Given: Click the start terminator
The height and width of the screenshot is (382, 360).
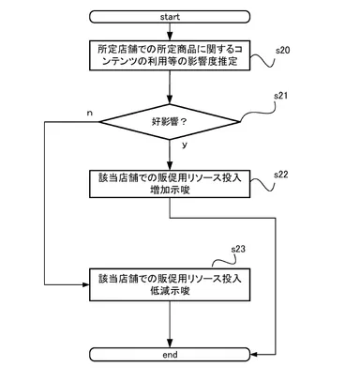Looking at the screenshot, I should (x=170, y=16).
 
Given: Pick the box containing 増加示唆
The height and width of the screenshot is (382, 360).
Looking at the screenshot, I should (x=170, y=183).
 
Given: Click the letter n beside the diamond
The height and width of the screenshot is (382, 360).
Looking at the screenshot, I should (x=89, y=112).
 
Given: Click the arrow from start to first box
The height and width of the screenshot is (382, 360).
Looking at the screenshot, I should (x=170, y=31).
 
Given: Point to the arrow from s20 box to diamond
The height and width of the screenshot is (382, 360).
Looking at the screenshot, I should (x=170, y=86).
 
